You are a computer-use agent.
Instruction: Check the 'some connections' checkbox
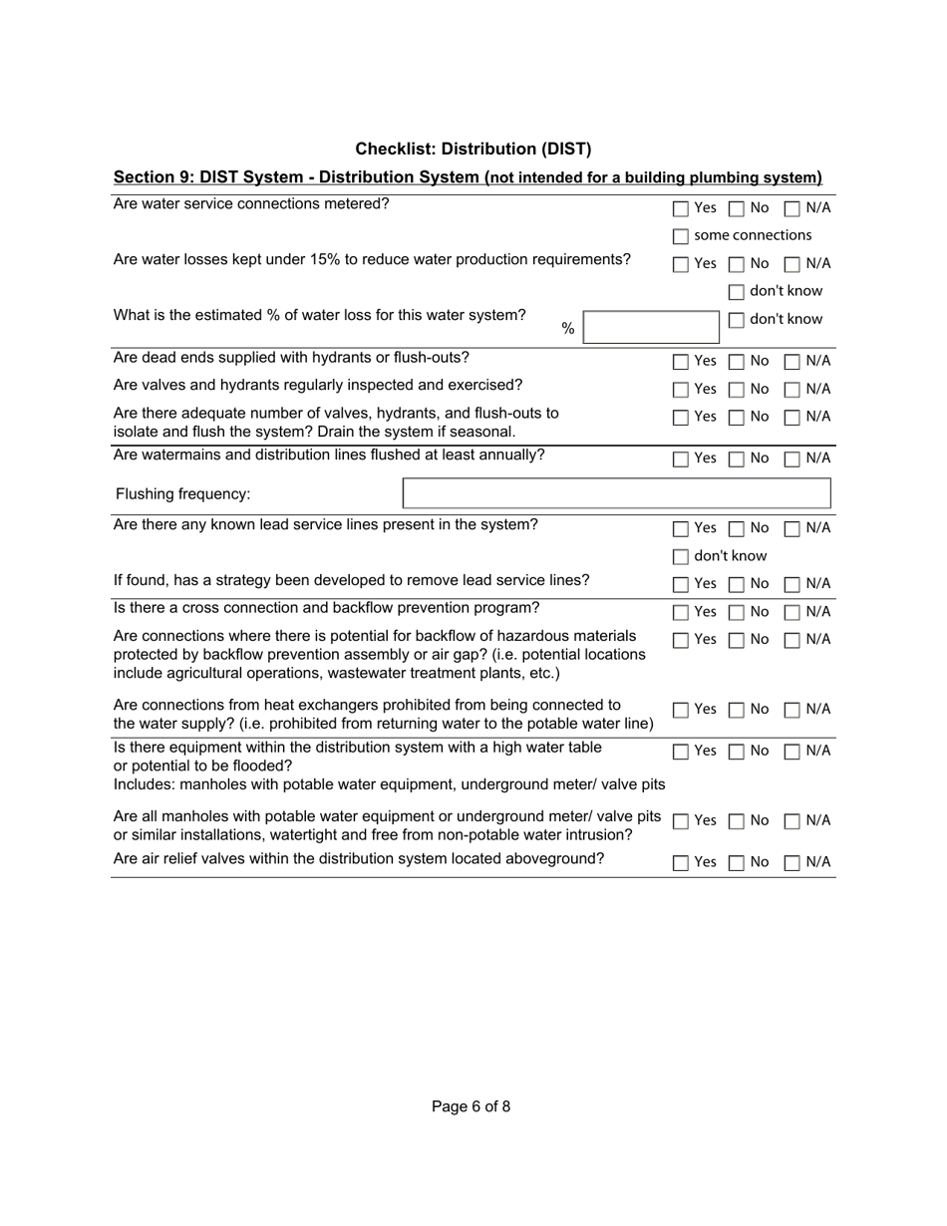click(x=681, y=236)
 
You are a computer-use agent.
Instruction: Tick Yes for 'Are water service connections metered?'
click(x=681, y=208)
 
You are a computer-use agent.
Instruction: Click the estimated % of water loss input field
click(x=650, y=327)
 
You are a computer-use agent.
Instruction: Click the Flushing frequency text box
click(x=616, y=493)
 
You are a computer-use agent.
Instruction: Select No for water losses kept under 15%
click(x=737, y=264)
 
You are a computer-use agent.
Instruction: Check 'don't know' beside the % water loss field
click(x=737, y=320)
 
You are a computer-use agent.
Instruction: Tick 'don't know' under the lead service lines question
click(x=681, y=556)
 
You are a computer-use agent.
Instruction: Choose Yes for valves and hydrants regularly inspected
click(x=681, y=389)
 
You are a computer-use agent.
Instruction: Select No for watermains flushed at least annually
click(x=737, y=459)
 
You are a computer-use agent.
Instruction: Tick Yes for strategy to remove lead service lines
click(x=681, y=584)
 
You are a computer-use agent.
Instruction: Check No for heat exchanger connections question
click(x=737, y=710)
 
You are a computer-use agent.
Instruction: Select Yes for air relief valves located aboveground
click(x=681, y=863)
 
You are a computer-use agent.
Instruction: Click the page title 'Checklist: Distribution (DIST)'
click(x=473, y=149)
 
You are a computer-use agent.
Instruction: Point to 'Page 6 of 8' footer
click(x=471, y=1106)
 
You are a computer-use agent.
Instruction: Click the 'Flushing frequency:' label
click(x=183, y=494)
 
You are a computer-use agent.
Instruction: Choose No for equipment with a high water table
click(x=737, y=752)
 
